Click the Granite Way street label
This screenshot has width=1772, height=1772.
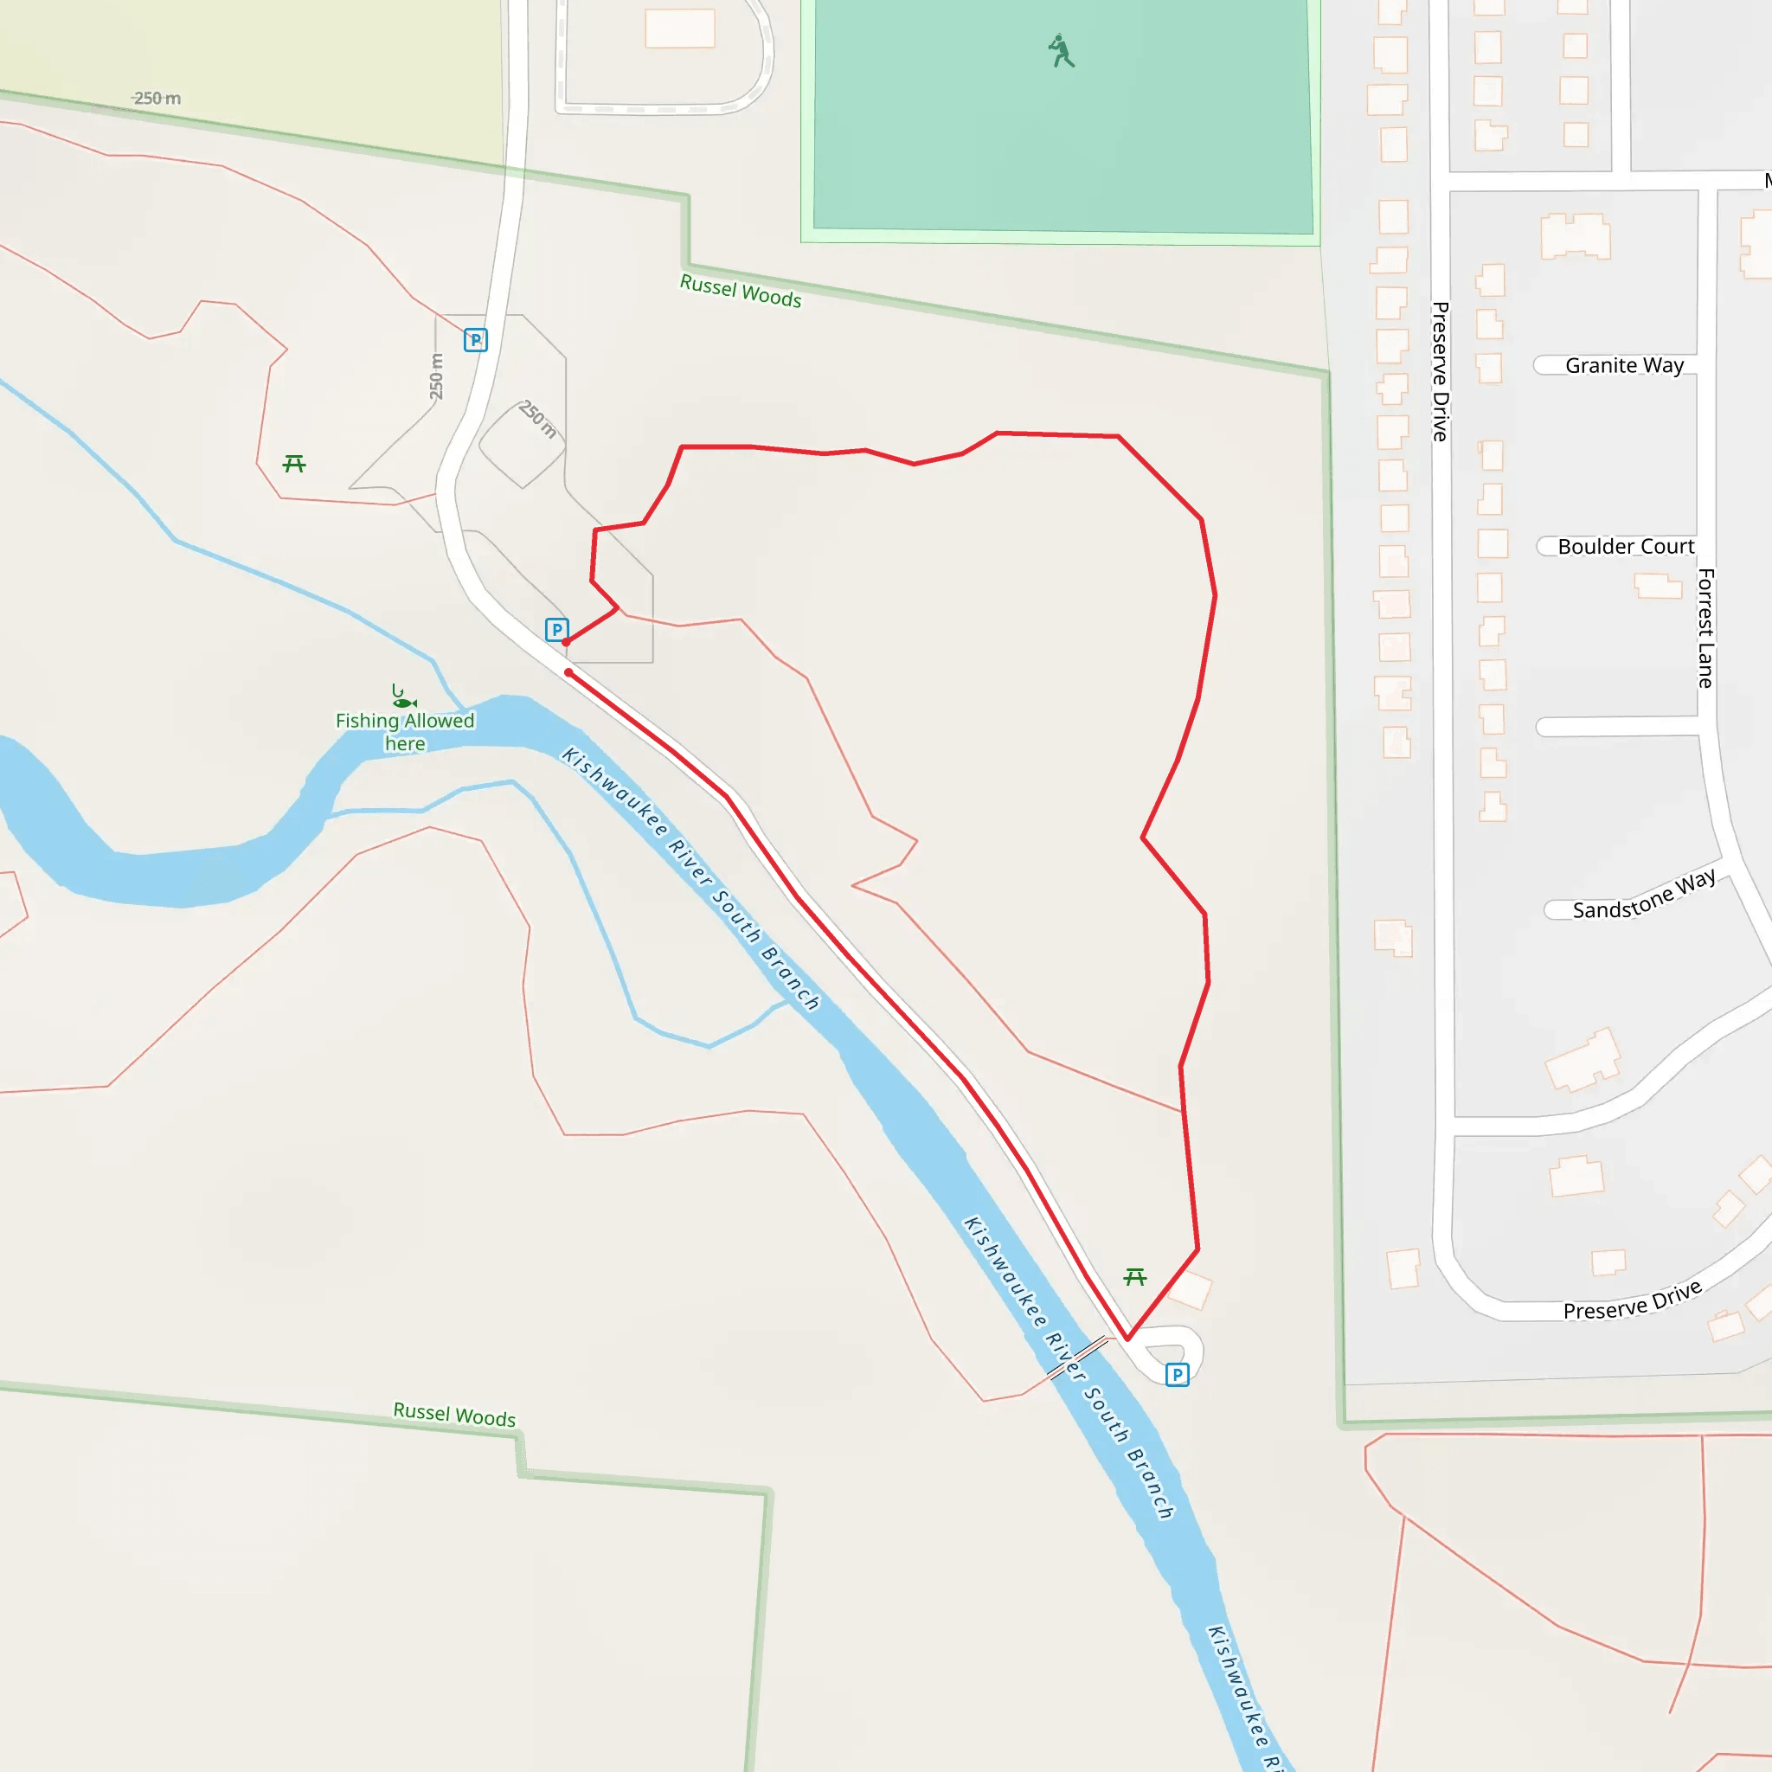click(x=1623, y=366)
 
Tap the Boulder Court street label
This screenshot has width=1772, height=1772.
click(x=1625, y=547)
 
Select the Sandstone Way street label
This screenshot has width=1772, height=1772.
click(x=1643, y=896)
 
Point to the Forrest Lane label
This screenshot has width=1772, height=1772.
click(x=1705, y=628)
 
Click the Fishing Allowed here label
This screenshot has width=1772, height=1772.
click(x=404, y=732)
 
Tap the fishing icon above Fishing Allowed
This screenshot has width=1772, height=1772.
click(x=402, y=697)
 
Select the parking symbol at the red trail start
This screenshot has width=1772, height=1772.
click(x=555, y=629)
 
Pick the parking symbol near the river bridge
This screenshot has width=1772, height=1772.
click(x=1177, y=1375)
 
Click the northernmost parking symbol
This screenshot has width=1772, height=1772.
click(x=475, y=340)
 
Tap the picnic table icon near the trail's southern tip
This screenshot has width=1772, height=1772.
click(x=1134, y=1277)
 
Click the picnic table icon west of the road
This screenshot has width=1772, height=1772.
click(x=294, y=464)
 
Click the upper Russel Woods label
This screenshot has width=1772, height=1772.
click(x=740, y=292)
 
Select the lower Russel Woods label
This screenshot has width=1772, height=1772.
click(x=454, y=1415)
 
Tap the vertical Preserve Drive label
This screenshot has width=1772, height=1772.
click(x=1440, y=371)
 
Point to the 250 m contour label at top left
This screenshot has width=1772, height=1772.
click(x=157, y=98)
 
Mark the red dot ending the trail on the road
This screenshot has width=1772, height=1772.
click(x=568, y=673)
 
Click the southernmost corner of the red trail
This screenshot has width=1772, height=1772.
click(x=1127, y=1339)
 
